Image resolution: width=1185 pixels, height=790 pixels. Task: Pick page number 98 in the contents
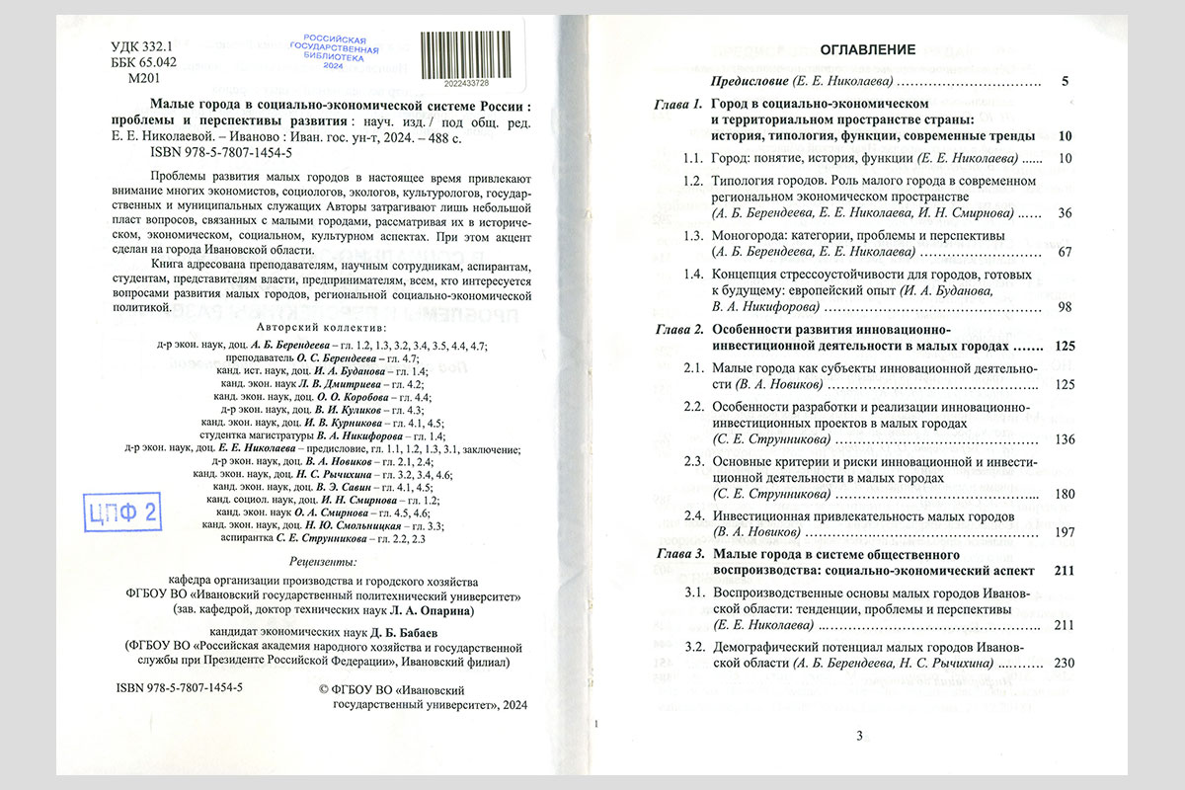(1064, 307)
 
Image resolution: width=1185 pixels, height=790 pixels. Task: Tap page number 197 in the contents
(1064, 532)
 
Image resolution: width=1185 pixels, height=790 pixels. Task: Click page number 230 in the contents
(1064, 663)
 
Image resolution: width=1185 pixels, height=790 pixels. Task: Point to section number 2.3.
(693, 462)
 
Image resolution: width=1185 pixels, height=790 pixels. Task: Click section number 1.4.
(693, 274)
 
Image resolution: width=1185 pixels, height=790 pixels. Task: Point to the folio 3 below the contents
(859, 735)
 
